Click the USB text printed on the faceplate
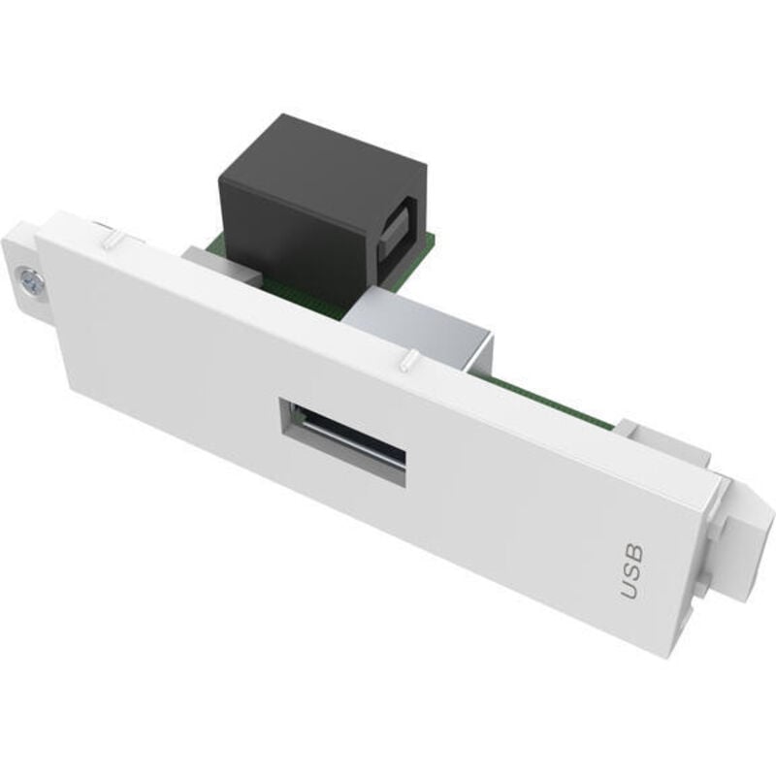point(631,571)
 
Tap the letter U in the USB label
point(630,590)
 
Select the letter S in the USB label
point(631,571)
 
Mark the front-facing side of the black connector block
point(291,233)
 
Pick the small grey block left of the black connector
point(209,260)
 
